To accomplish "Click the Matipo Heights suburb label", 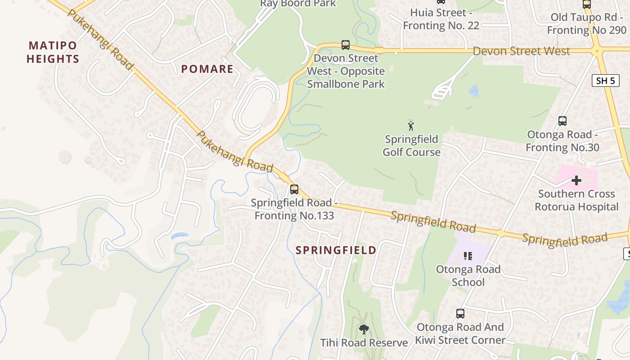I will [x=53, y=52].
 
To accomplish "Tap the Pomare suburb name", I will [x=207, y=69].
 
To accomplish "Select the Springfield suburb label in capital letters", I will [x=336, y=250].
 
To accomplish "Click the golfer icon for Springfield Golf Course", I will [x=410, y=126].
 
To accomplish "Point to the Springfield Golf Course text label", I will [x=411, y=146].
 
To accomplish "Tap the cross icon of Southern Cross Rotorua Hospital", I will [x=576, y=181].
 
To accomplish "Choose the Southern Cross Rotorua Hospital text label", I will [x=576, y=200].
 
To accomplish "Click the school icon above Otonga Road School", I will [x=468, y=256].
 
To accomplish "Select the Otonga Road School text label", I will [x=468, y=275].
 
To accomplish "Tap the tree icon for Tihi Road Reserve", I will [x=364, y=329].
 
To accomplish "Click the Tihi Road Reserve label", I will [x=364, y=343].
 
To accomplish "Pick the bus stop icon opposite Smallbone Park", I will [x=345, y=45].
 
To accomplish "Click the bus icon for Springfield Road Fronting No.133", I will [x=294, y=189].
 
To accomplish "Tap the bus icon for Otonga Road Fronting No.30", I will [x=562, y=121].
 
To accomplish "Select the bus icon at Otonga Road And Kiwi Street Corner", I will [x=460, y=314].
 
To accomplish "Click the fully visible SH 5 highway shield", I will [x=605, y=81].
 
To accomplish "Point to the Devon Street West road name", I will [x=521, y=51].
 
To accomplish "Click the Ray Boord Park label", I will [x=298, y=4].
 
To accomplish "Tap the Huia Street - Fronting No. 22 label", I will [x=441, y=19].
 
